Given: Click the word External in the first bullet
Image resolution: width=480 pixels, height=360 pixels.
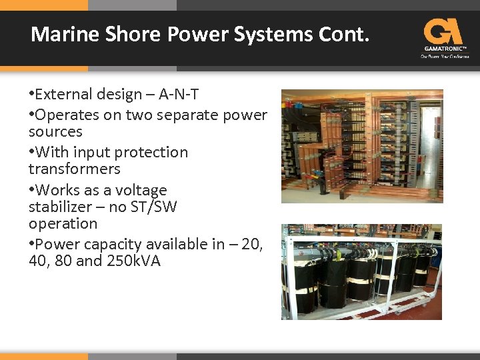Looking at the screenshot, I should click(65, 95).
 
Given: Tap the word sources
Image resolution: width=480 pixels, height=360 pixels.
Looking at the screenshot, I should click(55, 131).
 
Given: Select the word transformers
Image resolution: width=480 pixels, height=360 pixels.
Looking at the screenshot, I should click(74, 169).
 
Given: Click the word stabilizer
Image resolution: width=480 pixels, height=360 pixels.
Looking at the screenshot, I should click(59, 207).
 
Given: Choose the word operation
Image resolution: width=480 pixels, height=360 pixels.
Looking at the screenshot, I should click(63, 223).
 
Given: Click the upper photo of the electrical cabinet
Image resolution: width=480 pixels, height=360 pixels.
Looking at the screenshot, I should click(362, 146).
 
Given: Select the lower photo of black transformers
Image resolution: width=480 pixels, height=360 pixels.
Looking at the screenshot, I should click(362, 271).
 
